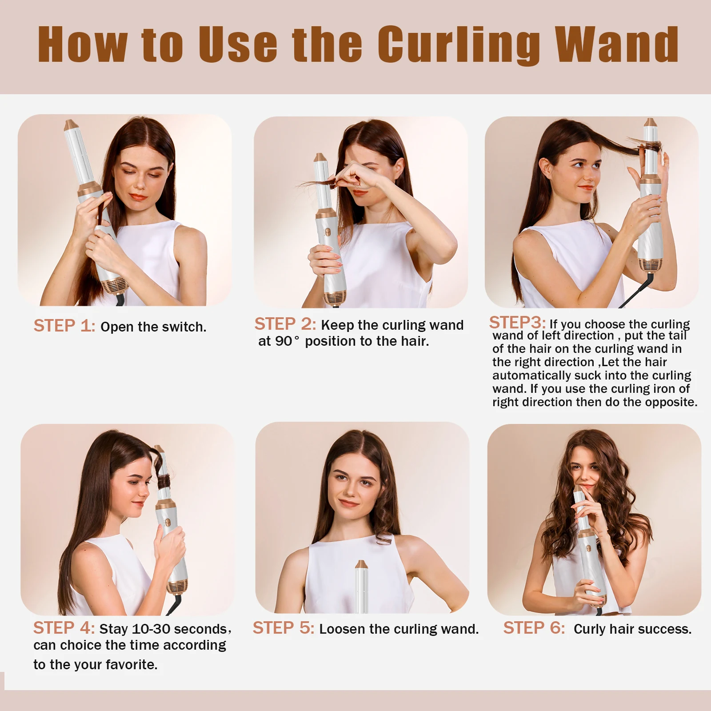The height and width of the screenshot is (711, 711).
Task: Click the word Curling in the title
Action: (x=459, y=45)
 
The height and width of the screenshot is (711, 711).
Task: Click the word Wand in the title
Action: (x=617, y=44)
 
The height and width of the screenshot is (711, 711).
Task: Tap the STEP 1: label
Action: (x=64, y=326)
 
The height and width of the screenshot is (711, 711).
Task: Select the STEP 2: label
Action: (x=285, y=324)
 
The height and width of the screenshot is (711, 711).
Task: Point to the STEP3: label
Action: (x=517, y=322)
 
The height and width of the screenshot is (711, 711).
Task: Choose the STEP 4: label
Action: (x=64, y=628)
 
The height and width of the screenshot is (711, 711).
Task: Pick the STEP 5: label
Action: (x=284, y=628)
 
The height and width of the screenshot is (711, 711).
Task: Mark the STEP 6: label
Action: (x=534, y=628)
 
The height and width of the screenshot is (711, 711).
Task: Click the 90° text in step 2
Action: (x=287, y=341)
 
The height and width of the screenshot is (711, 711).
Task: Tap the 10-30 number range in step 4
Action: (x=152, y=629)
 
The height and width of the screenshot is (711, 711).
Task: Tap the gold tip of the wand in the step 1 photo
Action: (x=71, y=125)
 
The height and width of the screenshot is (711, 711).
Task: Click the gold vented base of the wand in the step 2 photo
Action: (x=335, y=297)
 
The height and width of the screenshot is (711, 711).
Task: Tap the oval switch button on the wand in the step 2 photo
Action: (x=328, y=232)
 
